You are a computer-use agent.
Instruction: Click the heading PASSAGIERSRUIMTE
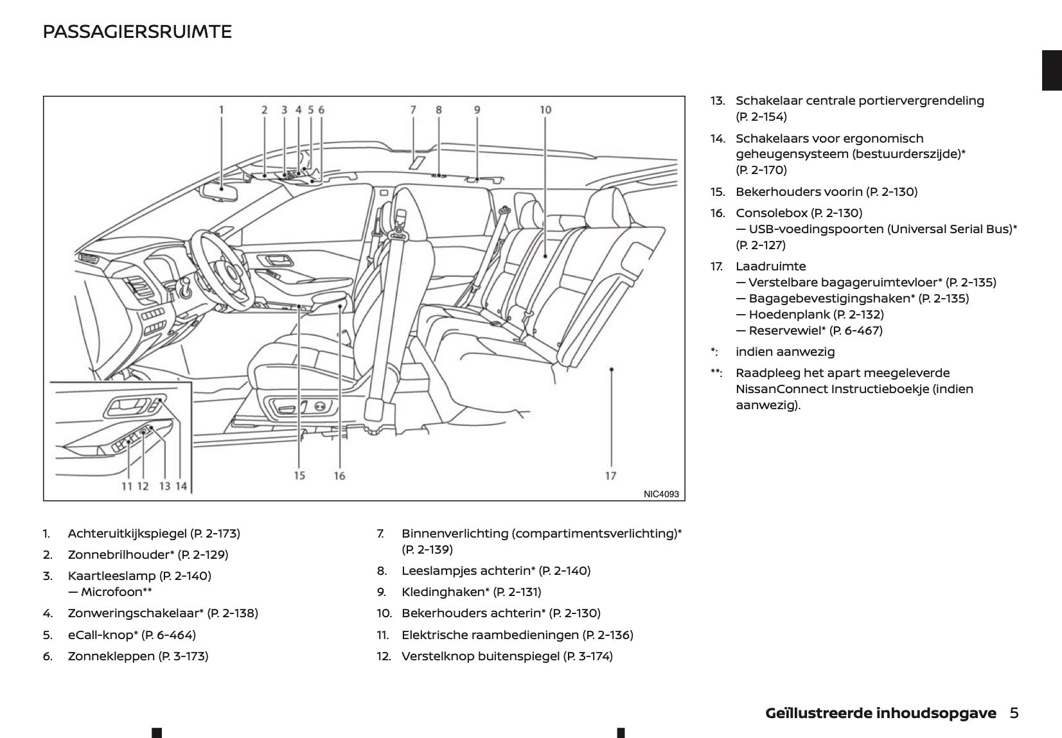tap(137, 31)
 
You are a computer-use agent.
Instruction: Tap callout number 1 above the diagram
tap(222, 110)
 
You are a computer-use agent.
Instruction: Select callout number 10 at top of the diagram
tap(545, 110)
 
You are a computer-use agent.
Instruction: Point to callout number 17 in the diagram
tap(610, 476)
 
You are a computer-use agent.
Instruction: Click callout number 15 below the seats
tap(299, 476)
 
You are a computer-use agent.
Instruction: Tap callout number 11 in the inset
tap(127, 486)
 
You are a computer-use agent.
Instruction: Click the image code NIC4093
tap(661, 494)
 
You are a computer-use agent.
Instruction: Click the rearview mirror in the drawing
tap(220, 191)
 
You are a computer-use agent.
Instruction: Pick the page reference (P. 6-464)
tap(168, 635)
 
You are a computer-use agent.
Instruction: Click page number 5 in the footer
tap(1014, 713)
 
